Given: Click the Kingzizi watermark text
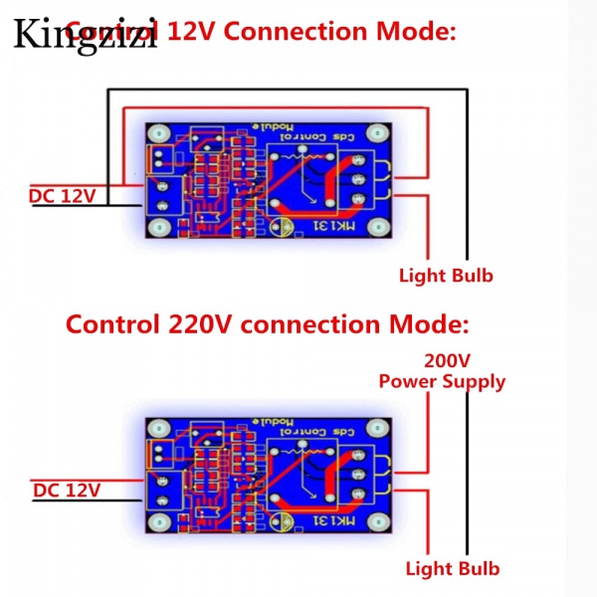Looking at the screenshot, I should [x=86, y=35].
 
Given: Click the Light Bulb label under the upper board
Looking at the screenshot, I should [x=446, y=276].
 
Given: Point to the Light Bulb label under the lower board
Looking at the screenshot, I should [x=453, y=569].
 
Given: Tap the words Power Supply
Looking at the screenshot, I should [x=442, y=381].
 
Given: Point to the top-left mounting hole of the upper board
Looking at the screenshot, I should [x=157, y=133].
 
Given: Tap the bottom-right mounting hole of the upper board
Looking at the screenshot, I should [x=379, y=229].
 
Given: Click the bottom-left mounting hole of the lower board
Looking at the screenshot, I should [x=157, y=522].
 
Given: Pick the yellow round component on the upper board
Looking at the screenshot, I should [x=284, y=228].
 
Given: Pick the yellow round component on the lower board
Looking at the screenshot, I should [x=284, y=520].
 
